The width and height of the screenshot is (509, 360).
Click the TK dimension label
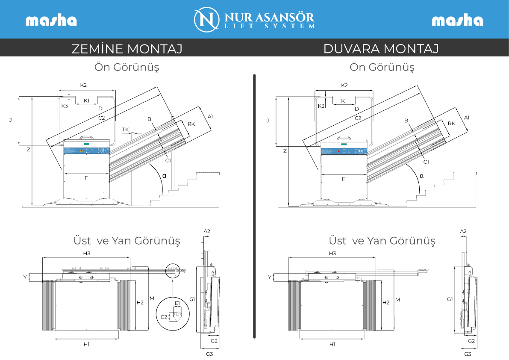[125, 130]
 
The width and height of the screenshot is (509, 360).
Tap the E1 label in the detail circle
[177, 303]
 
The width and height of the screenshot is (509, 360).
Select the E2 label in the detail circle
[164, 317]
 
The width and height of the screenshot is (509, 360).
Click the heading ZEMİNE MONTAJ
[127, 49]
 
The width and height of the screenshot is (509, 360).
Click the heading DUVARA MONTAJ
[381, 49]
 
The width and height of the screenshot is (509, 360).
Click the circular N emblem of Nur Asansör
[206, 20]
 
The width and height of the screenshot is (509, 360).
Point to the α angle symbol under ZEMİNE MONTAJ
[164, 176]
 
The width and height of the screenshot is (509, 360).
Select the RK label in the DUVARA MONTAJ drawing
[451, 124]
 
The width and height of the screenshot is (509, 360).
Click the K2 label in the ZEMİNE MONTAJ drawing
[83, 85]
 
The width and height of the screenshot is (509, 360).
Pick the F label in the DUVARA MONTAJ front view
[344, 179]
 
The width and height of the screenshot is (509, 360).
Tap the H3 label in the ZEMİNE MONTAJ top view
[87, 253]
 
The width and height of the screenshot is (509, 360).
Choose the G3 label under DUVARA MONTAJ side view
[468, 354]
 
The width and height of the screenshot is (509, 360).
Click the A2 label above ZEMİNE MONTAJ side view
[207, 231]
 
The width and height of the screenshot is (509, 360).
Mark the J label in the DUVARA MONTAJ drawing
[268, 121]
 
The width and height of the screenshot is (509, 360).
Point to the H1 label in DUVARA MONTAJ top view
[332, 344]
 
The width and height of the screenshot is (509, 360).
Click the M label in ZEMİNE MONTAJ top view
[152, 298]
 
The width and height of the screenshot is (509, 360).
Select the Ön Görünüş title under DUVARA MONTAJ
[382, 67]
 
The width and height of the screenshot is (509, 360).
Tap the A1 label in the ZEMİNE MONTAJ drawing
[210, 117]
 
